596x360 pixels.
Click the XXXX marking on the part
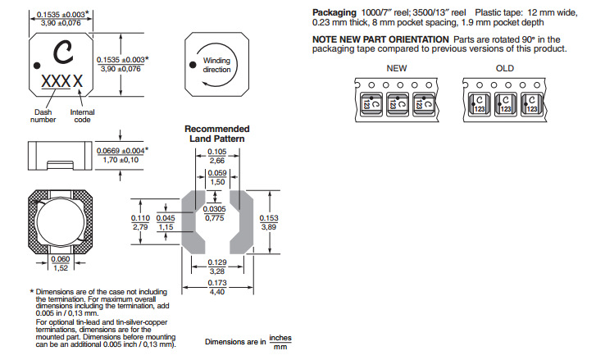[x=61, y=82]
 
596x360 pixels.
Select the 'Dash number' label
[x=43, y=116]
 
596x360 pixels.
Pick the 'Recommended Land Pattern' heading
[x=216, y=134]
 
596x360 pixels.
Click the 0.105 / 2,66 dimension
[x=216, y=157]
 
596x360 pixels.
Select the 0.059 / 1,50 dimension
[x=216, y=177]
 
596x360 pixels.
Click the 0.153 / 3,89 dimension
[x=269, y=221]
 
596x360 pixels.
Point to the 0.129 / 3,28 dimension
[x=216, y=266]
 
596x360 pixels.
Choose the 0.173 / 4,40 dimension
[x=216, y=287]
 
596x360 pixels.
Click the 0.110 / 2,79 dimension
[x=140, y=221]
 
